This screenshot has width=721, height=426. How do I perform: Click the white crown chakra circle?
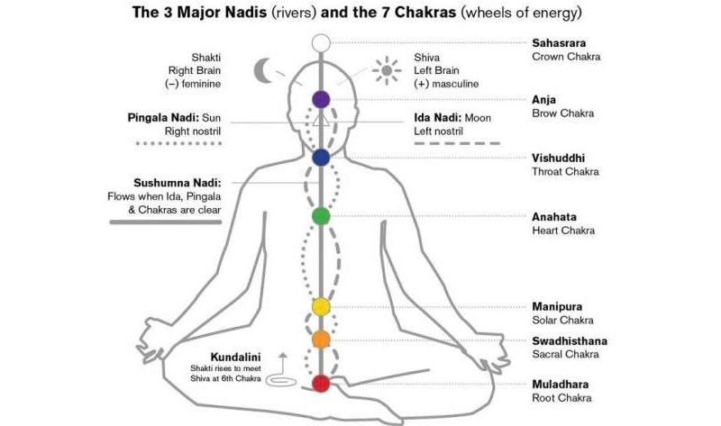pyautogui.click(x=321, y=42)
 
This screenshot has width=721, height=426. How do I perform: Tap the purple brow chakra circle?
pyautogui.click(x=321, y=99)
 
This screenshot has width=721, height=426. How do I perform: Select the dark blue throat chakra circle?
pyautogui.click(x=321, y=158)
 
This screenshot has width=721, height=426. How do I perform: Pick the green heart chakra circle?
pyautogui.click(x=321, y=216)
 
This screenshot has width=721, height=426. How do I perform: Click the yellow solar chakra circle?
pyautogui.click(x=321, y=307)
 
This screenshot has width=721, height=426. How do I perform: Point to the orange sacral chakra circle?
pyautogui.click(x=321, y=340)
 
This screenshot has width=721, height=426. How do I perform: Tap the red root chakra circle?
pyautogui.click(x=321, y=384)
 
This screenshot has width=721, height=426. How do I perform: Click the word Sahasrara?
pyautogui.click(x=560, y=41)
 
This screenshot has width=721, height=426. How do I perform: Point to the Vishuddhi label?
pyautogui.click(x=558, y=158)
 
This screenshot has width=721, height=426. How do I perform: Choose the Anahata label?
pyautogui.click(x=554, y=217)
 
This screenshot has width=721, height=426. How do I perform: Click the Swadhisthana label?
pyautogui.click(x=569, y=340)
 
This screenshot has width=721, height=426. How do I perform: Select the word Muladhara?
pyautogui.click(x=559, y=384)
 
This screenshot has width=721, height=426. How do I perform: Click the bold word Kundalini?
pyautogui.click(x=236, y=355)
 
